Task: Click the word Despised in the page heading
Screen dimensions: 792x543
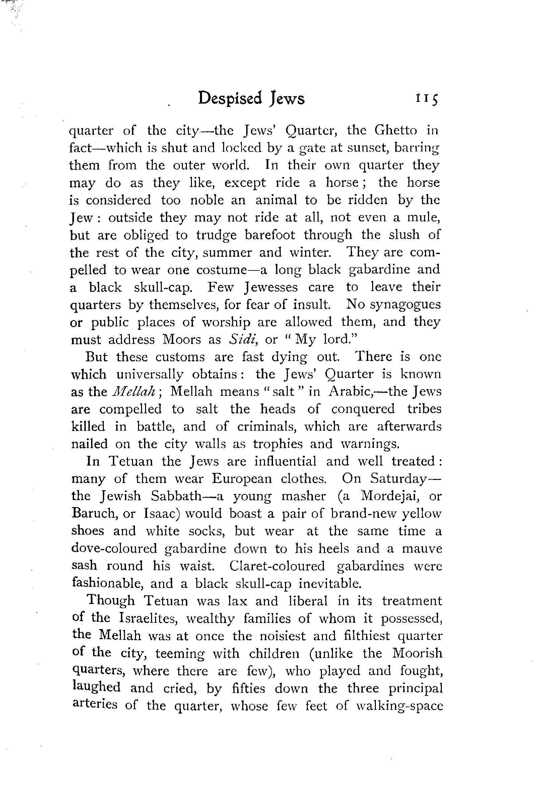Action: (x=230, y=99)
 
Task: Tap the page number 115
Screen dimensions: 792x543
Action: (x=426, y=99)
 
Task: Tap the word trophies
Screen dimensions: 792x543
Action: (x=278, y=444)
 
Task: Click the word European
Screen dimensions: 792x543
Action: (x=242, y=479)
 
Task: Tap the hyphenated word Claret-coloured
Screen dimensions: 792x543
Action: (x=277, y=566)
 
